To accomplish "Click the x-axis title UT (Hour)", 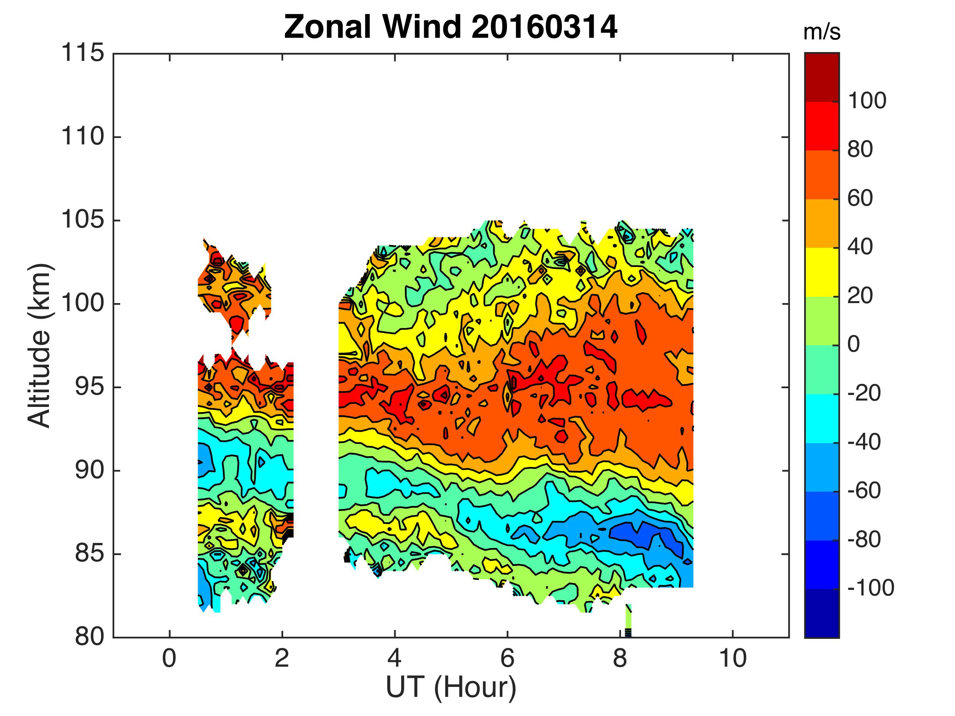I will coord(451,687).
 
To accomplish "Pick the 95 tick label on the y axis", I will coord(90,387).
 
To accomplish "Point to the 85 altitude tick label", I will coord(90,554).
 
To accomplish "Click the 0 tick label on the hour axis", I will coord(169,659).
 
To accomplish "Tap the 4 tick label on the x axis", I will coord(395,659).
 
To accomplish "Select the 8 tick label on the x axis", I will coord(620,659).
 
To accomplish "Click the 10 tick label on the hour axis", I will coord(733,659).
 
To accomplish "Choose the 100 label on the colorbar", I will coord(867,101).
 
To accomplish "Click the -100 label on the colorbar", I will coord(870,588).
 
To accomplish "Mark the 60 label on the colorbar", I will coord(860,198).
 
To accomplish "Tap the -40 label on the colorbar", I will coord(864,442).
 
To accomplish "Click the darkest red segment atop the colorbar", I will coord(822,77).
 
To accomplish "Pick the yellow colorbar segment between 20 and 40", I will coord(822,272).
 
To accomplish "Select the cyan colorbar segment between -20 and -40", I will coord(822,418).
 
